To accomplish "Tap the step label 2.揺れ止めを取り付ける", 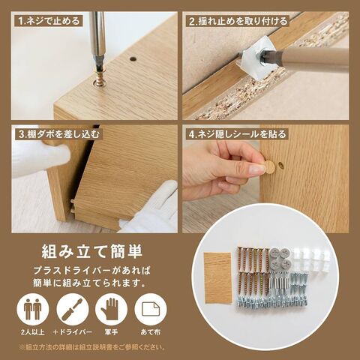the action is pos(238,21).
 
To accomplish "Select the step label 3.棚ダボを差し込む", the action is pos(59,134).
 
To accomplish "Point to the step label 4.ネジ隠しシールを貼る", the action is pos(237,134).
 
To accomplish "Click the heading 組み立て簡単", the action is pos(91,251).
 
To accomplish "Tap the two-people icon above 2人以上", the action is pos(32,309).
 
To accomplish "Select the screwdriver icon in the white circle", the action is pos(73,309).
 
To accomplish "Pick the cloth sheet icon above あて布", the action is pos(151,309).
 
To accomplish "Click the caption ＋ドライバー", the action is pos(73,332).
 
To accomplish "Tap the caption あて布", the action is pos(151,332).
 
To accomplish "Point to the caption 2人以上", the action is pos(33,332).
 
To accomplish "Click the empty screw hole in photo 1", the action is pos(133,59).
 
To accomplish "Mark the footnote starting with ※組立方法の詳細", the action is pos(91,347).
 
